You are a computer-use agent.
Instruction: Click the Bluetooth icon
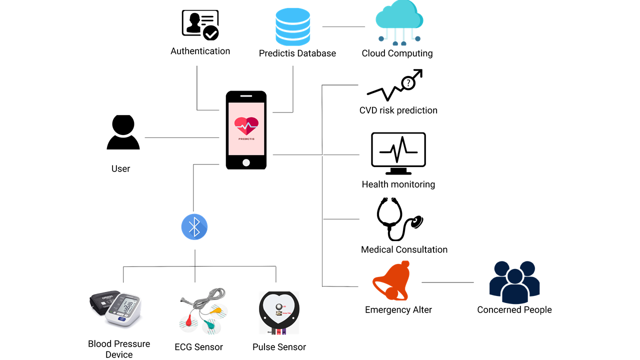(x=194, y=227)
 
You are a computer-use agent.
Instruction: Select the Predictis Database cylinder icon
(x=292, y=27)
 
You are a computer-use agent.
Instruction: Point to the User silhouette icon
(x=123, y=132)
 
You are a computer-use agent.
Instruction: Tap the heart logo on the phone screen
(x=246, y=126)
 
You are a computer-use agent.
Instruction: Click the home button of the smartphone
(x=246, y=162)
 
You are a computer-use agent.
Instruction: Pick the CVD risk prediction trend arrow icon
(x=395, y=85)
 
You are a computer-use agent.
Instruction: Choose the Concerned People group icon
(x=514, y=282)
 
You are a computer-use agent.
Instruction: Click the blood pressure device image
(x=116, y=309)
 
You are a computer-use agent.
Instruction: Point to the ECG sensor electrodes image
(x=202, y=313)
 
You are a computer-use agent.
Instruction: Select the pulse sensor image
(x=279, y=312)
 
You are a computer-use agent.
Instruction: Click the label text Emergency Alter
(x=398, y=310)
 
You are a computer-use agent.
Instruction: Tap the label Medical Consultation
(x=404, y=249)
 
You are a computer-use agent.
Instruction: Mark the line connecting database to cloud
(x=343, y=26)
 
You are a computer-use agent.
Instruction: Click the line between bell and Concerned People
(x=447, y=282)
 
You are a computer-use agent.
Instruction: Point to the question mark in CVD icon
(x=408, y=83)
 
